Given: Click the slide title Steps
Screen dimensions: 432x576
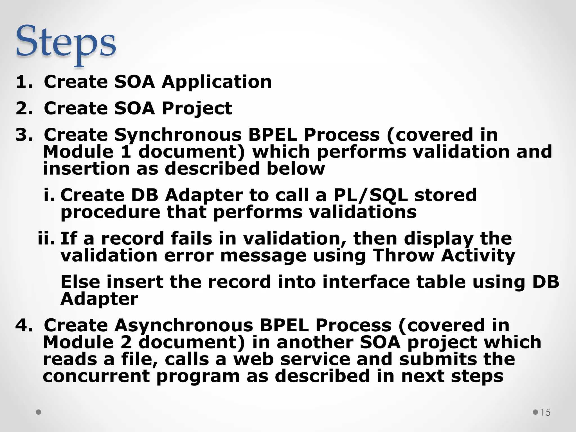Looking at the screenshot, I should [66, 42].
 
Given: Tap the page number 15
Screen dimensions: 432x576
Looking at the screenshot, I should [545, 412].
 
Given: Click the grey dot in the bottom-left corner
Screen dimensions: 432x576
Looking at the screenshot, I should [39, 412].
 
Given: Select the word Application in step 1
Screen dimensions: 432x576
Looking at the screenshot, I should [217, 82].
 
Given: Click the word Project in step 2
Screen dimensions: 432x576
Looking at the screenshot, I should [197, 108].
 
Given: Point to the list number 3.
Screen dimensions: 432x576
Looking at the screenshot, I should [24, 135].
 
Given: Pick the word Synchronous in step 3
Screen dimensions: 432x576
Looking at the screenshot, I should [178, 135].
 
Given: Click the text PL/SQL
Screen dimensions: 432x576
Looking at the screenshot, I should [370, 195].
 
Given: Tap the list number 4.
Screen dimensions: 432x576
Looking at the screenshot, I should [24, 325].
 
